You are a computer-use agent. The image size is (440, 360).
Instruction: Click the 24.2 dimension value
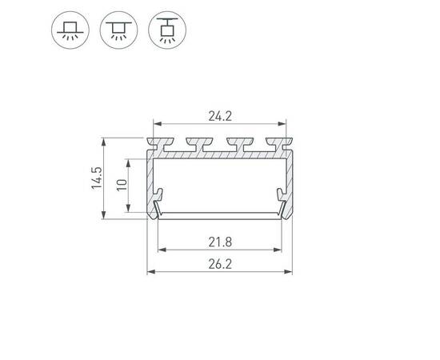click(x=221, y=115)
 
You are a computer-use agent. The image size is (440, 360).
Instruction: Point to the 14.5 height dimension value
click(x=96, y=178)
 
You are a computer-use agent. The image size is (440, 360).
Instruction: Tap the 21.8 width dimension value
click(x=221, y=240)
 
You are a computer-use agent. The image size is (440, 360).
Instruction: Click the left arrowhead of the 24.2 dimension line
click(x=157, y=124)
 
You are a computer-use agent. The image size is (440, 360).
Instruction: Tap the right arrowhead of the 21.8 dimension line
click(x=281, y=250)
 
